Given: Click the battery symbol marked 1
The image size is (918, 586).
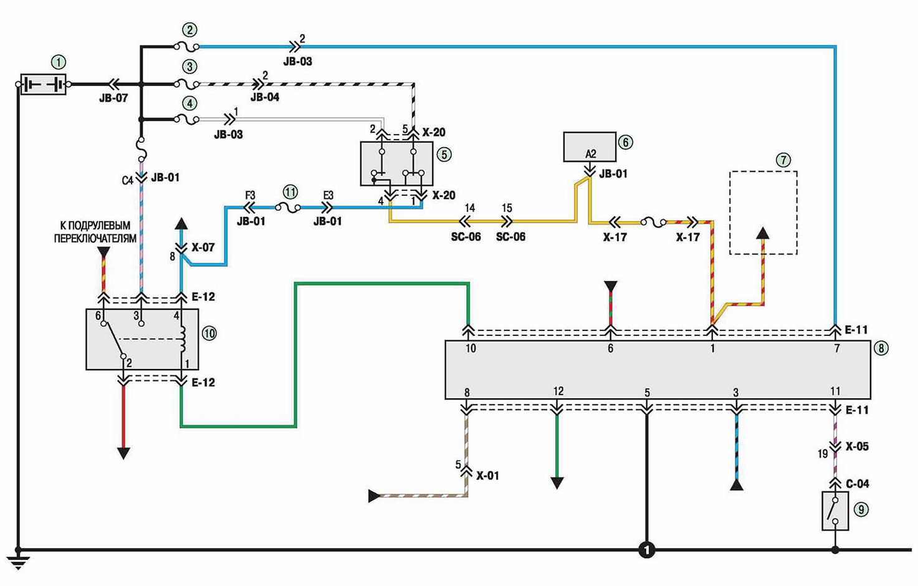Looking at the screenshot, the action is [43, 85].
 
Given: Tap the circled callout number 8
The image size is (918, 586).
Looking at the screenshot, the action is [881, 348].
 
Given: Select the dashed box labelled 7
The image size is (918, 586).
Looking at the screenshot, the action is [763, 213].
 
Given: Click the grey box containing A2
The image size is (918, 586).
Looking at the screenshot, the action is [590, 146].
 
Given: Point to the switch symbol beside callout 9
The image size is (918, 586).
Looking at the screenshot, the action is [835, 511].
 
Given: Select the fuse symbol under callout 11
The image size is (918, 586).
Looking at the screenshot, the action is [288, 208].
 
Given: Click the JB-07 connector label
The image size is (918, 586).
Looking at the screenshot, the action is [113, 98].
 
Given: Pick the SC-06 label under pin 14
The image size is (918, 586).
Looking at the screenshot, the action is [466, 237].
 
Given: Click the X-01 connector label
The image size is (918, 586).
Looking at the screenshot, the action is [487, 476].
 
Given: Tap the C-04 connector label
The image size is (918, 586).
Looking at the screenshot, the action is [858, 484].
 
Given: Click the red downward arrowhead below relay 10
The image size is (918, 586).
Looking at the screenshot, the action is [123, 453].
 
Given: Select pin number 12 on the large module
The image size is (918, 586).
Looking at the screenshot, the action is [558, 391].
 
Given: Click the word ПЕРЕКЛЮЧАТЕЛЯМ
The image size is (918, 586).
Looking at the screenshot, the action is [95, 238].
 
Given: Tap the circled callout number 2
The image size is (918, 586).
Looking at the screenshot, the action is [189, 29].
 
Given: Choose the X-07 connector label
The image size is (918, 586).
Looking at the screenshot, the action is [203, 247].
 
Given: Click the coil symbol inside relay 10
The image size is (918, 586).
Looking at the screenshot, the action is [183, 339].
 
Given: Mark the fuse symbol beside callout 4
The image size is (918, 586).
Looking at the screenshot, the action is [187, 120].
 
